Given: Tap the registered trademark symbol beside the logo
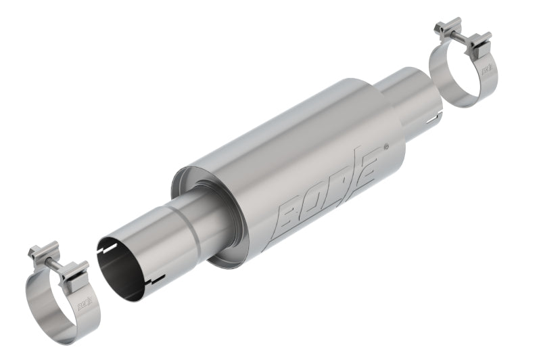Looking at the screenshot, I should point(386,146).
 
